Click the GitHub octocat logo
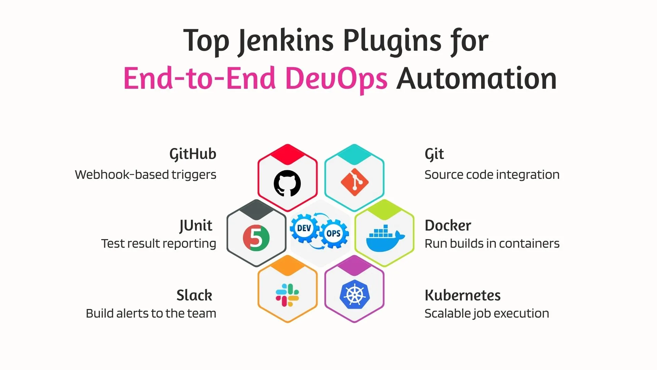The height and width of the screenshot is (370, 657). click(x=287, y=183)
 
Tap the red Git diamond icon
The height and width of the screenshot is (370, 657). click(x=355, y=182)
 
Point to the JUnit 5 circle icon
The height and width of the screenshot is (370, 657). click(x=256, y=238)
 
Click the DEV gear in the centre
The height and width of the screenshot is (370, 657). click(x=304, y=228)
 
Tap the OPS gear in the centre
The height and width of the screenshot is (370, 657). click(x=333, y=234)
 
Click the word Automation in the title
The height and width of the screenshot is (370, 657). click(x=476, y=79)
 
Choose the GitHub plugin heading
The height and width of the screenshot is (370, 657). click(x=193, y=154)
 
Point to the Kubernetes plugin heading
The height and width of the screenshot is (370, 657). click(x=462, y=295)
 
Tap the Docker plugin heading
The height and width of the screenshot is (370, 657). click(x=448, y=225)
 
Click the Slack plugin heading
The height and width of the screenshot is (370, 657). click(x=194, y=295)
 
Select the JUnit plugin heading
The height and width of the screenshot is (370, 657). click(x=196, y=225)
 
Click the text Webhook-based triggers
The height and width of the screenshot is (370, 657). click(x=145, y=175)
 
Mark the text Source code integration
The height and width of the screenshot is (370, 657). click(x=492, y=175)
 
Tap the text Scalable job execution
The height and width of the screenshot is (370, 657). click(x=487, y=313)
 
